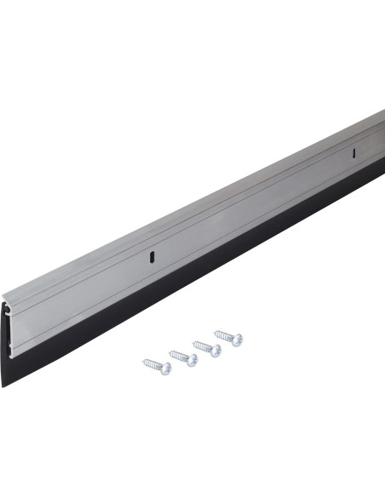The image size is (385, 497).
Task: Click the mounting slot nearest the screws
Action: click(x=150, y=254)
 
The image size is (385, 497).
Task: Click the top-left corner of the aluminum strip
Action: click(x=4, y=294)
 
